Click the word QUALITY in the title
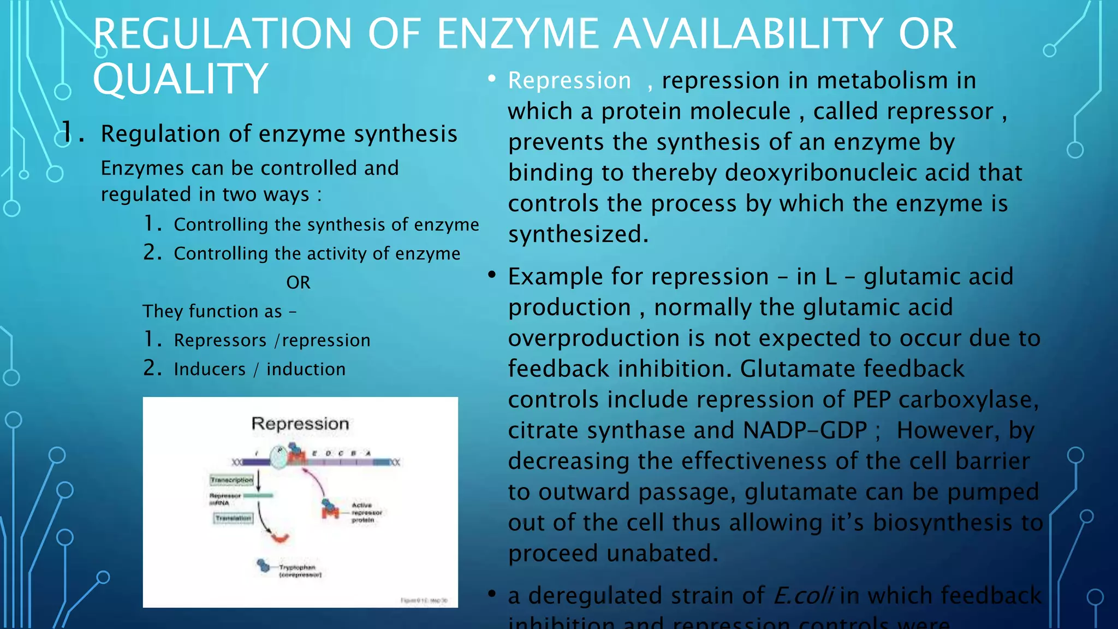(180, 79)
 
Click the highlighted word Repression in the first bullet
(569, 81)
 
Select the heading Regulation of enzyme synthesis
(279, 134)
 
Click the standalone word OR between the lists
(298, 282)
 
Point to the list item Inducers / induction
(259, 369)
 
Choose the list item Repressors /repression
(272, 340)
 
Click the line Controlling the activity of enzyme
(317, 253)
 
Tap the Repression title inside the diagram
(300, 424)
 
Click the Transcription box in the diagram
(232, 480)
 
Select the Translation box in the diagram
(233, 518)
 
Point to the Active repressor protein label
(366, 512)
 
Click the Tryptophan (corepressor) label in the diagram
(300, 571)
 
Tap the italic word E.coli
(803, 595)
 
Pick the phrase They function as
(213, 311)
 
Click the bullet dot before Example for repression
(492, 275)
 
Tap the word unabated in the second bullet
(662, 554)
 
